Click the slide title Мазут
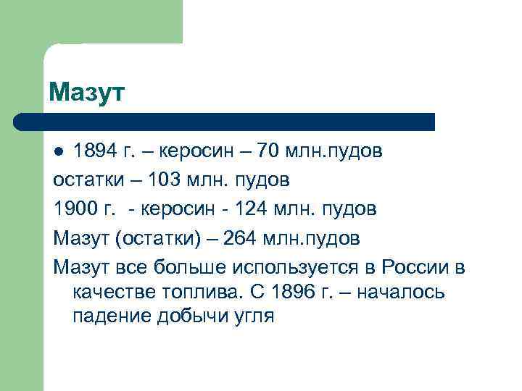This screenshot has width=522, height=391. pyautogui.click(x=87, y=93)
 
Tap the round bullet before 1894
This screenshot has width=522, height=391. pyautogui.click(x=61, y=153)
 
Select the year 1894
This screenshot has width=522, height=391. pyautogui.click(x=99, y=152)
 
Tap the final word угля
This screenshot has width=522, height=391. pyautogui.click(x=253, y=316)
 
